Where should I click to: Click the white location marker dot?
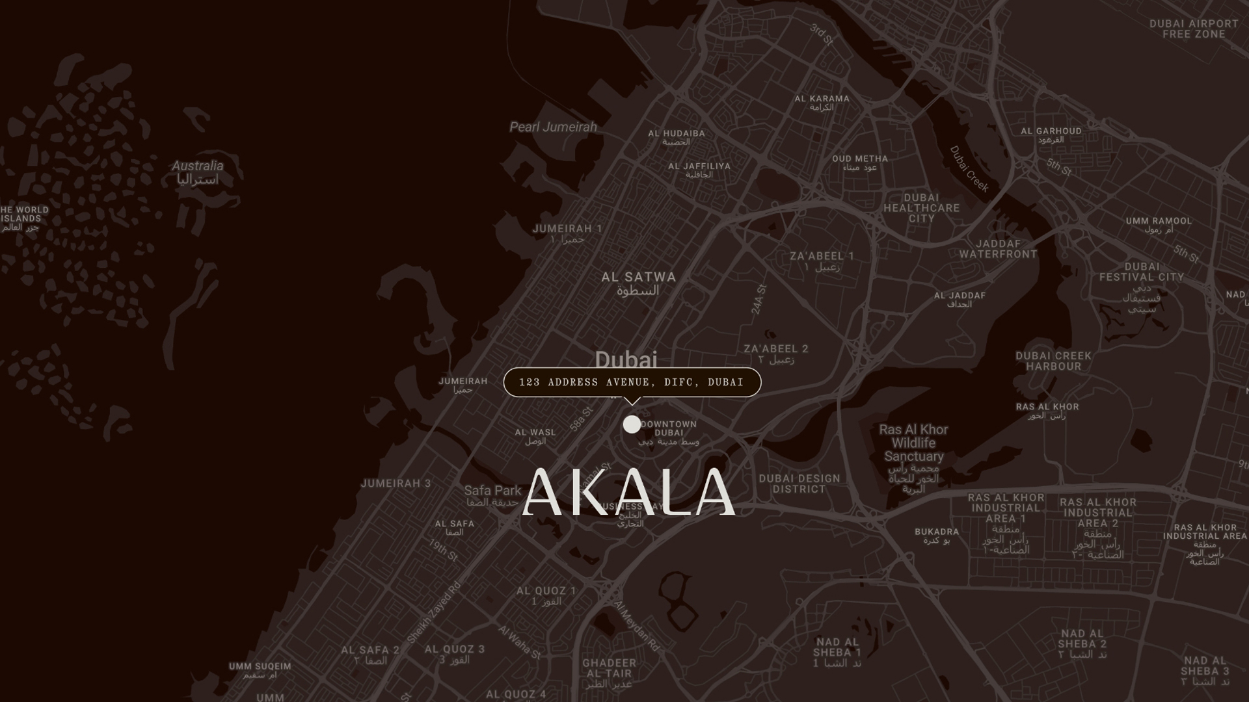coord(631,424)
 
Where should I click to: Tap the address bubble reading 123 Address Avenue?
coord(632,382)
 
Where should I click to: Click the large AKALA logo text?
coord(628,493)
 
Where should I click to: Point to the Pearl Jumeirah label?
coord(553,127)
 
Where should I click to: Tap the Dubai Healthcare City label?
coord(921,208)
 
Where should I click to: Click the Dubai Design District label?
coord(799,484)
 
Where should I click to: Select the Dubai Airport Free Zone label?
coord(1193,29)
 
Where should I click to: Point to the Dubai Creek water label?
coord(969,169)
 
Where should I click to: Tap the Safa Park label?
coord(492,491)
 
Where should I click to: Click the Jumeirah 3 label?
coord(396,484)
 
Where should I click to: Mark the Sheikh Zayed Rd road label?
coord(434,612)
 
